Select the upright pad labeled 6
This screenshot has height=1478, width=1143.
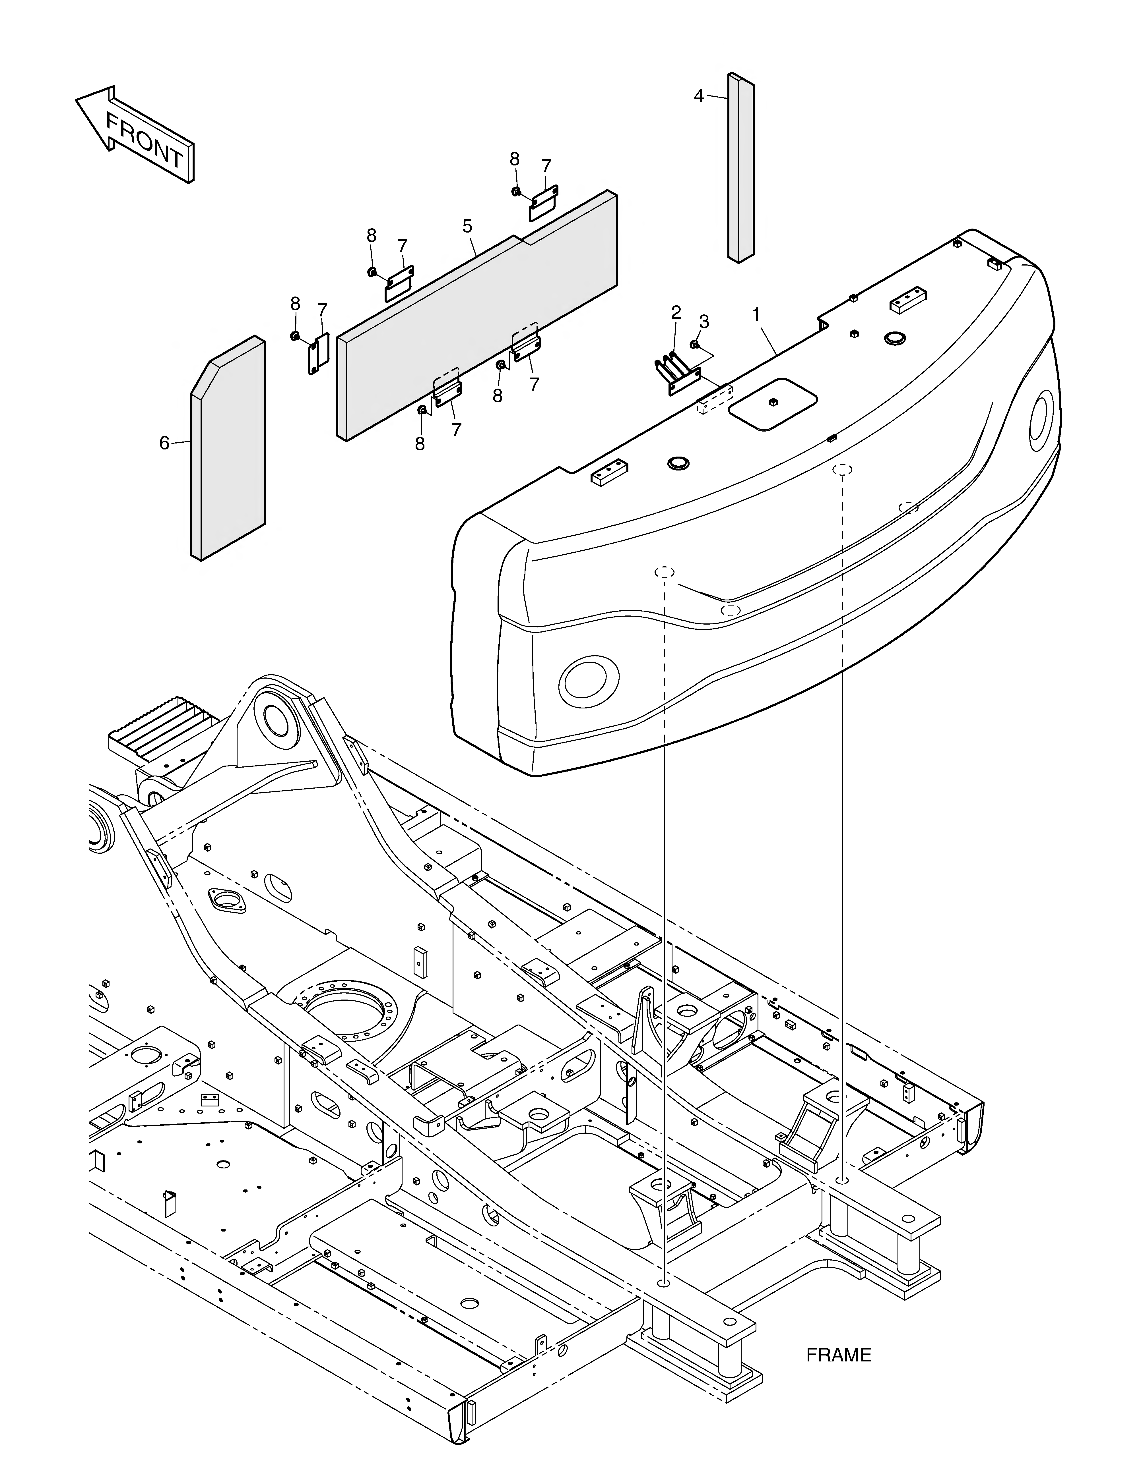pos(228,448)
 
